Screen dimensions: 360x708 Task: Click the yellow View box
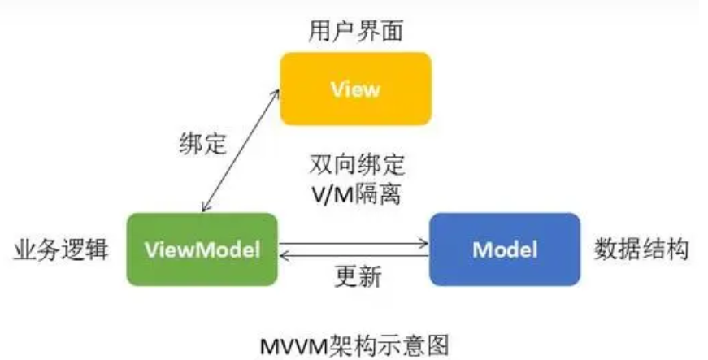pyautogui.click(x=355, y=89)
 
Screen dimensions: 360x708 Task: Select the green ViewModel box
pyautogui.click(x=202, y=249)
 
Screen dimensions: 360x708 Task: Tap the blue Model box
pyautogui.click(x=504, y=249)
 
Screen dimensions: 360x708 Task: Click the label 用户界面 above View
pyautogui.click(x=356, y=32)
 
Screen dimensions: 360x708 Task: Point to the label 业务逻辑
pyautogui.click(x=60, y=249)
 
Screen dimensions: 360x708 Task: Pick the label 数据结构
pyautogui.click(x=642, y=249)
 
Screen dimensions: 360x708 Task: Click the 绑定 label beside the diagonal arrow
pyautogui.click(x=202, y=144)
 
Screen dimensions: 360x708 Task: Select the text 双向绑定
pyautogui.click(x=356, y=165)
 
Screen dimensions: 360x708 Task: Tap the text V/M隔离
pyautogui.click(x=356, y=196)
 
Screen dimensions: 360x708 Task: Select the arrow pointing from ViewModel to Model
pyautogui.click(x=354, y=242)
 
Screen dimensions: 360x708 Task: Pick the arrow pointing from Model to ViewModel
pyautogui.click(x=354, y=255)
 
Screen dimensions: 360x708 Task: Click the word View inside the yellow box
pyautogui.click(x=355, y=89)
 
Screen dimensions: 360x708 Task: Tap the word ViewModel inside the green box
pyautogui.click(x=202, y=249)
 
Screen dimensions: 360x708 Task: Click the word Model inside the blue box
pyautogui.click(x=504, y=249)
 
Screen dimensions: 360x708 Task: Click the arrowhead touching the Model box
pyautogui.click(x=423, y=242)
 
